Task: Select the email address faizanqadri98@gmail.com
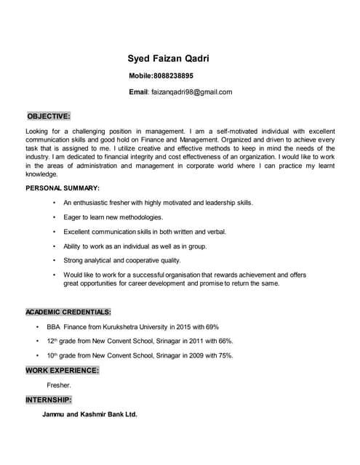191,92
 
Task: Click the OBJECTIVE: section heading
49,116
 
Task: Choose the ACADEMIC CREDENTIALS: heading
68,312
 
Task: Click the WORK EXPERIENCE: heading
63,371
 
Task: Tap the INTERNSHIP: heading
49,400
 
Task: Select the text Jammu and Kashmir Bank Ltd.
89,415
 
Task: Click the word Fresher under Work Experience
58,385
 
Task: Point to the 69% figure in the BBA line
212,327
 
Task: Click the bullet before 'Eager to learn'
54,217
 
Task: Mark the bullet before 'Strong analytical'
54,260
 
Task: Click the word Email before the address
138,92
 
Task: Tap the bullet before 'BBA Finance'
37,327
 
